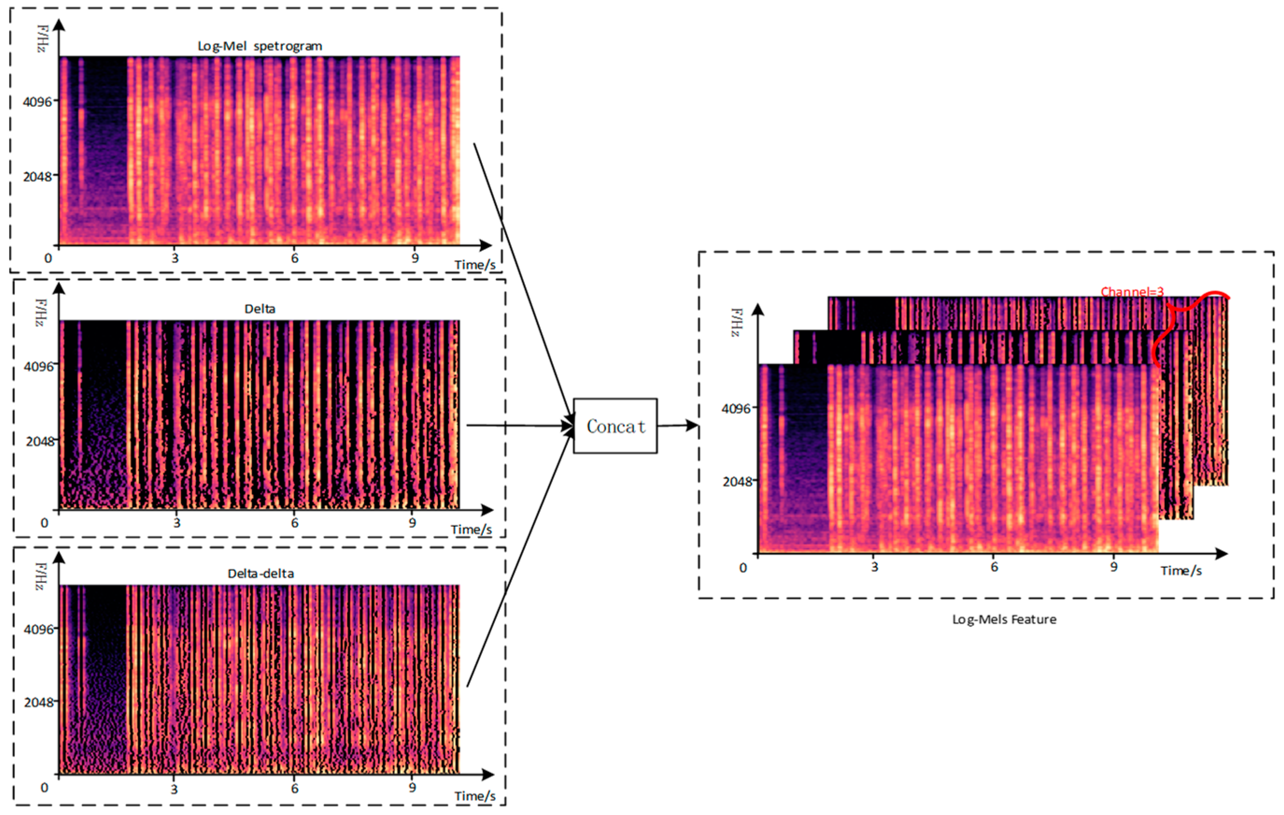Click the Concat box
615,425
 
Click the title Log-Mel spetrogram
260,46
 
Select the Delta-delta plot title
260,574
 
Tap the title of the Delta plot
260,309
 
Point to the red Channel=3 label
1132,292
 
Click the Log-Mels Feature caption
1004,619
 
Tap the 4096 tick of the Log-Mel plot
37,101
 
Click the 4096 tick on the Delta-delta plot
38,630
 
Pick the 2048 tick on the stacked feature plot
737,482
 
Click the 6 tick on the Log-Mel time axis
294,259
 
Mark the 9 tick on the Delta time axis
412,523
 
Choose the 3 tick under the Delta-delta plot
174,789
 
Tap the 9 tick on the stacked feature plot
1114,567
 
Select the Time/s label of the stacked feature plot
1181,571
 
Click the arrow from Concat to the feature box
677,425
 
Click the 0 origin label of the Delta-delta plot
44,788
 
